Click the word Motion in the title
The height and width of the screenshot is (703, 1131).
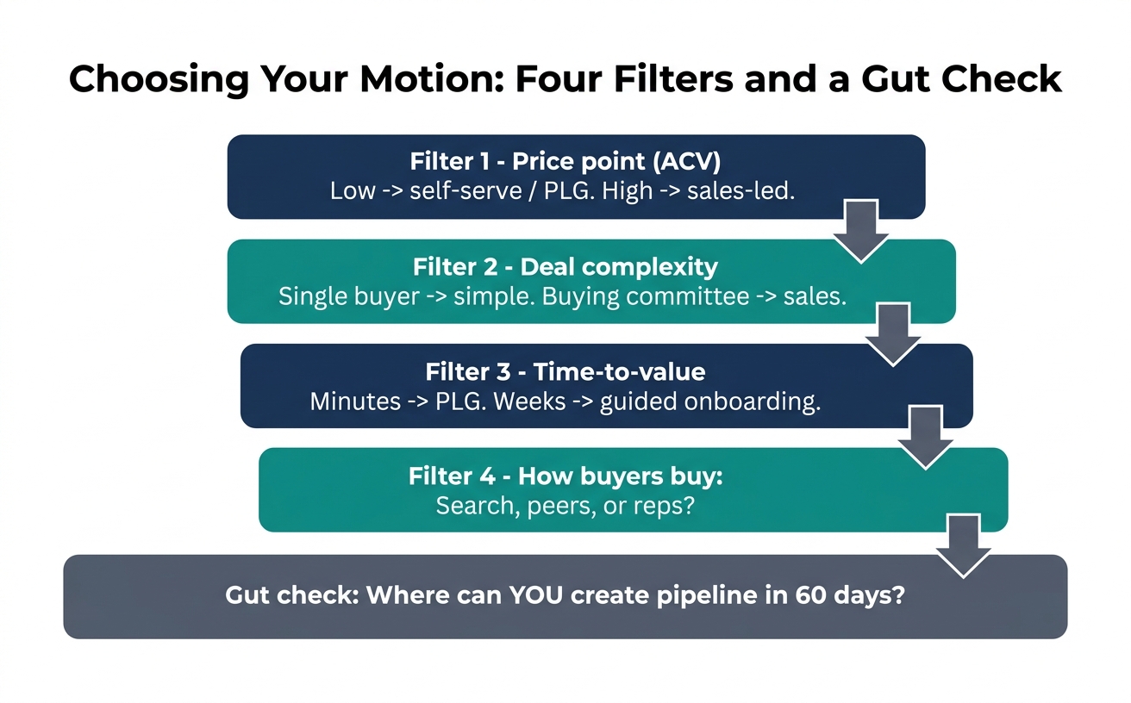coord(432,78)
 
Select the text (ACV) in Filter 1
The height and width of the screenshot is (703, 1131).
coord(686,161)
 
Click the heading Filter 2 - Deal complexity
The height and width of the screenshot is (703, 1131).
coord(565,267)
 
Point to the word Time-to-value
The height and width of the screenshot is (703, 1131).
coord(620,372)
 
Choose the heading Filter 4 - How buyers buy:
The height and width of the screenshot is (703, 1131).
coord(565,476)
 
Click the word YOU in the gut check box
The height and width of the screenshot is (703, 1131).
coord(535,595)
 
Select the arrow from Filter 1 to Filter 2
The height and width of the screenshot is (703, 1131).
coord(861,231)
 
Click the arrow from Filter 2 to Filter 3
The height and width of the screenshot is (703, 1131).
coord(893,334)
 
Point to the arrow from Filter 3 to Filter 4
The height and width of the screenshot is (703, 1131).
coord(926,438)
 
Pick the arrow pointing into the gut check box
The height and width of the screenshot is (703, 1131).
coord(964,546)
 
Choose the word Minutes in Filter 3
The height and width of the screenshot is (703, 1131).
coord(355,401)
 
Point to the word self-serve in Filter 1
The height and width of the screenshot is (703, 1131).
coord(466,190)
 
